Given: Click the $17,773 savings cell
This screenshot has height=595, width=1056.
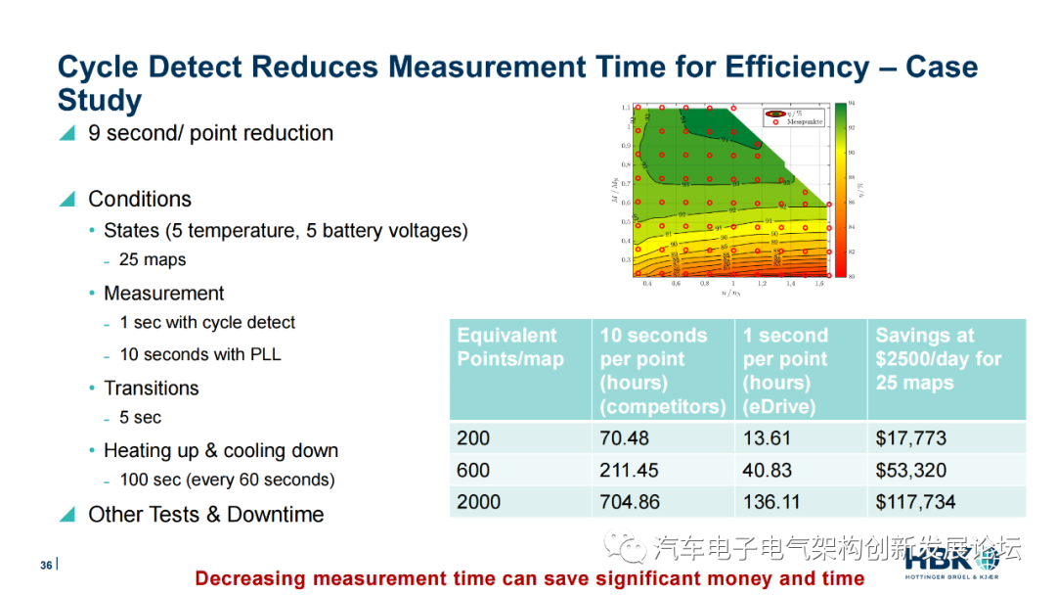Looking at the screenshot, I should pyautogui.click(x=911, y=438).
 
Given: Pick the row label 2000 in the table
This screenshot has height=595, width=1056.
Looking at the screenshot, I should pyautogui.click(x=478, y=502).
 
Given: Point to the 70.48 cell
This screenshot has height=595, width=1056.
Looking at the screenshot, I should pyautogui.click(x=624, y=438).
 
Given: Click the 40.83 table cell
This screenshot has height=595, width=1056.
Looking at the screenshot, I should pyautogui.click(x=768, y=471).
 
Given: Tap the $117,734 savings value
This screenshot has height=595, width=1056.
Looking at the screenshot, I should pyautogui.click(x=916, y=502).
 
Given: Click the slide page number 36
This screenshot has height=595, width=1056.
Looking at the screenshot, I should pyautogui.click(x=46, y=566).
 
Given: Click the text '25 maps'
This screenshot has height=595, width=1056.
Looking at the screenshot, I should pyautogui.click(x=153, y=260).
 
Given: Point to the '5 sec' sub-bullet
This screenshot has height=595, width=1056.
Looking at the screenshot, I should pyautogui.click(x=141, y=418).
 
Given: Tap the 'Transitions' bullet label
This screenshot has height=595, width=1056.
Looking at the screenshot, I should pyautogui.click(x=152, y=389).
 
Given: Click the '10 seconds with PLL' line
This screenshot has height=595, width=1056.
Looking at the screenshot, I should pyautogui.click(x=200, y=354).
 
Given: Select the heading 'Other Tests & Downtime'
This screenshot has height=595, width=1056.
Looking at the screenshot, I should pyautogui.click(x=205, y=515).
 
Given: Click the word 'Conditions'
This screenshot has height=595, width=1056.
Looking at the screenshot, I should pyautogui.click(x=140, y=200).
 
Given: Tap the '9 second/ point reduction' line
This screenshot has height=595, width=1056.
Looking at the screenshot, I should pyautogui.click(x=210, y=133).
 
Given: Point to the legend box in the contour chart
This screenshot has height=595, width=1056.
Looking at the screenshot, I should pyautogui.click(x=794, y=117).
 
